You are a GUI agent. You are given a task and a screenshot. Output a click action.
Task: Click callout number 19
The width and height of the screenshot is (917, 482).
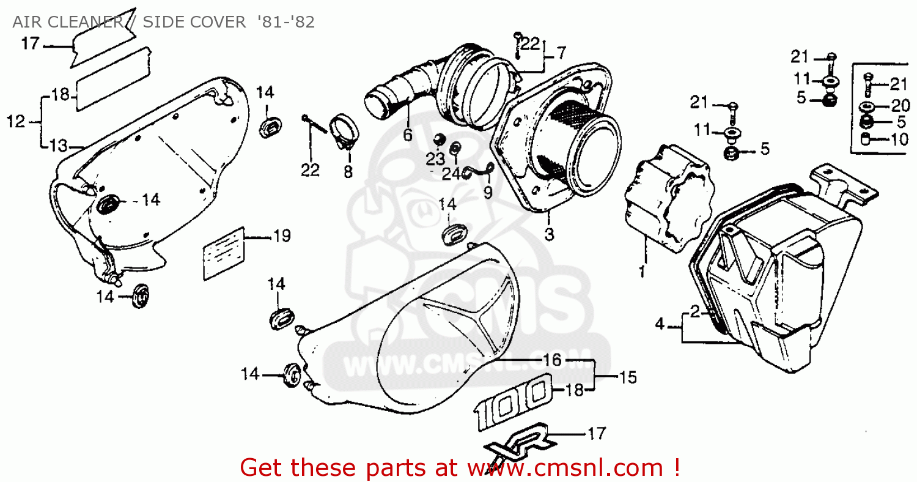[x=282, y=236]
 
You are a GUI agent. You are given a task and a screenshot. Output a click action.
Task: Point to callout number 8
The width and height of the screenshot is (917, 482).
[x=348, y=172]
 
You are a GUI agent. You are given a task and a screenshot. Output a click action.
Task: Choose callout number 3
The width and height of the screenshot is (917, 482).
[x=550, y=234]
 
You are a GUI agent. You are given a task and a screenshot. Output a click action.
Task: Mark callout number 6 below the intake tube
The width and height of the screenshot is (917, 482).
[x=408, y=135]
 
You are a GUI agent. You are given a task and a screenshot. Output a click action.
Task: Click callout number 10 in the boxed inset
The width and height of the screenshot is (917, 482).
[x=899, y=139]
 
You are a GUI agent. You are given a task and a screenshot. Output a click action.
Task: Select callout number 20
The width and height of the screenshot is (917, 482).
[x=899, y=105]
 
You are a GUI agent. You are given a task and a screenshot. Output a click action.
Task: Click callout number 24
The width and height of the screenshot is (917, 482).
[x=450, y=174]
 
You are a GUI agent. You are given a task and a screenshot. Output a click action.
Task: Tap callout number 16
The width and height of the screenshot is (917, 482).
[x=552, y=360]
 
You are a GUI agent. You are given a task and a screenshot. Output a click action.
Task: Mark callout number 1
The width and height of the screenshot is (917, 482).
[x=642, y=272]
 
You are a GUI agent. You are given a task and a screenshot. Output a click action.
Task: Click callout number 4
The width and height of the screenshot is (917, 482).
[x=660, y=324]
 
